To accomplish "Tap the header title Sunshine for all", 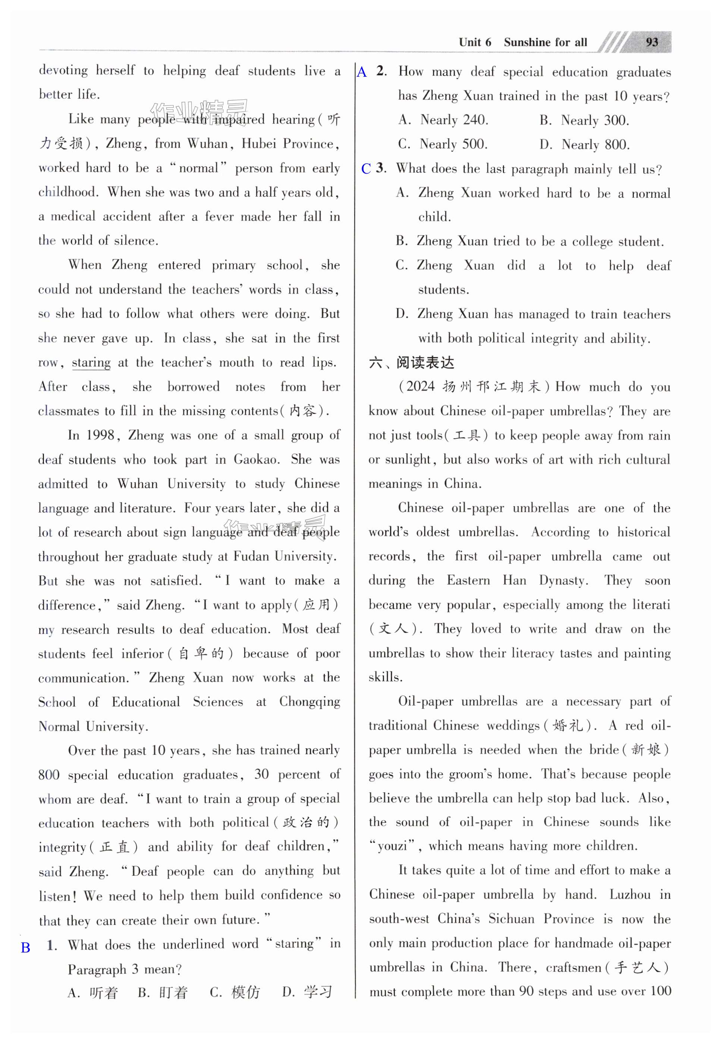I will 545,42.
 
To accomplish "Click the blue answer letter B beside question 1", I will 26,948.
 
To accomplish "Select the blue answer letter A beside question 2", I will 362,72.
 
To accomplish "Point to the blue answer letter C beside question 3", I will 366,169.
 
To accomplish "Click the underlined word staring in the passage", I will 91,363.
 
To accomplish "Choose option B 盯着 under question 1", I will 163,992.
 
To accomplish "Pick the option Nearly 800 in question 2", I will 595,145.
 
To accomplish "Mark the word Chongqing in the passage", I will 309,702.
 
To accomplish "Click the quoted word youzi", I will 393,846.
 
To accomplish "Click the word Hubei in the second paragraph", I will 259,144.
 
